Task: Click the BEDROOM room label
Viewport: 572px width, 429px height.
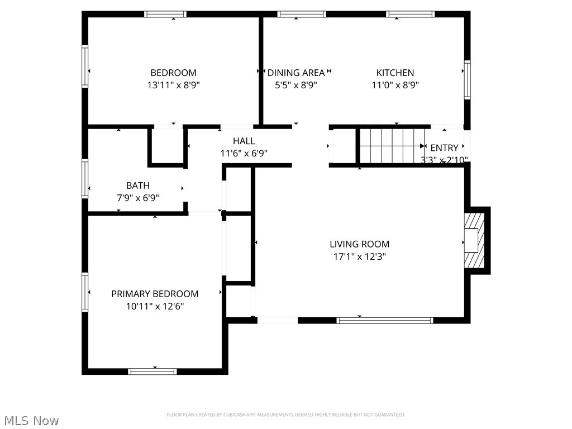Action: (x=173, y=73)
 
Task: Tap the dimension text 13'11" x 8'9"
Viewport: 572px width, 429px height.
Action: (x=173, y=85)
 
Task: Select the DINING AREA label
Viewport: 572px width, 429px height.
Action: (x=296, y=73)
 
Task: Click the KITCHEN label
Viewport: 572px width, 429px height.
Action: (x=395, y=73)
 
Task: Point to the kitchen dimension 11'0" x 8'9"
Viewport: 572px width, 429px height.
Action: (x=395, y=85)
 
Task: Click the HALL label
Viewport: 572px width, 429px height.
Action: (x=244, y=141)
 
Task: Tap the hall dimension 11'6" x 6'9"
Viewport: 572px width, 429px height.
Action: (x=244, y=154)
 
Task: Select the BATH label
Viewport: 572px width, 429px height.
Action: (x=137, y=185)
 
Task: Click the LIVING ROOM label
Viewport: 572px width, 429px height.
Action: (x=359, y=244)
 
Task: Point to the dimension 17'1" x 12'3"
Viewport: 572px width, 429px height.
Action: (x=359, y=257)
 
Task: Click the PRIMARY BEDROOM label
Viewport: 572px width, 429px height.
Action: (x=155, y=294)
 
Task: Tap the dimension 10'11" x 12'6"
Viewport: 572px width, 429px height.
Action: (x=155, y=306)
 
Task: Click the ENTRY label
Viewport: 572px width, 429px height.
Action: (x=444, y=148)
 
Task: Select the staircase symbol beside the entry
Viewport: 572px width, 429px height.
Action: (x=392, y=146)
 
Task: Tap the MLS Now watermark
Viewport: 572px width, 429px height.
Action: (x=31, y=420)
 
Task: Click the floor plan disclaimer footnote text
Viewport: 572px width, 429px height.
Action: (x=285, y=414)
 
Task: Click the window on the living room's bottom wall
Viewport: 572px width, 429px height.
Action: (x=385, y=320)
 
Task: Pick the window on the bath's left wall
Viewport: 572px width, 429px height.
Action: (x=85, y=179)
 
